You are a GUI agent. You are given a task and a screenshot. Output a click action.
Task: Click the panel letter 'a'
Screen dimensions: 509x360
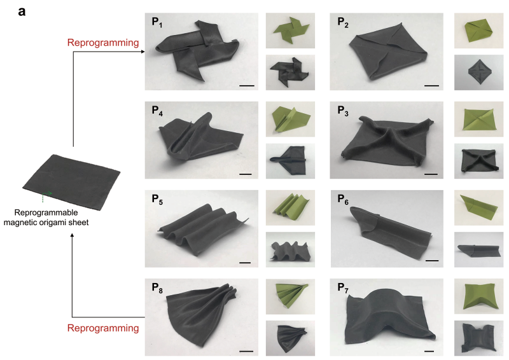[22, 11]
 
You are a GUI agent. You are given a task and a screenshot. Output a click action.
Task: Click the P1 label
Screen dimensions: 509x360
[157, 22]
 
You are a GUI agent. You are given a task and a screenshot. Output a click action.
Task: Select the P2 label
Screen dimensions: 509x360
[343, 22]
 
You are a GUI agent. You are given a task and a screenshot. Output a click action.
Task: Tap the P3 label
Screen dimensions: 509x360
[343, 111]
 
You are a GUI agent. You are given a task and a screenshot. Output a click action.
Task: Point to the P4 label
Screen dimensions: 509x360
[157, 111]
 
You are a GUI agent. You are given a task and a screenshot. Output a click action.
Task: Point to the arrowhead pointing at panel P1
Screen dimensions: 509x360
[143, 52]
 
